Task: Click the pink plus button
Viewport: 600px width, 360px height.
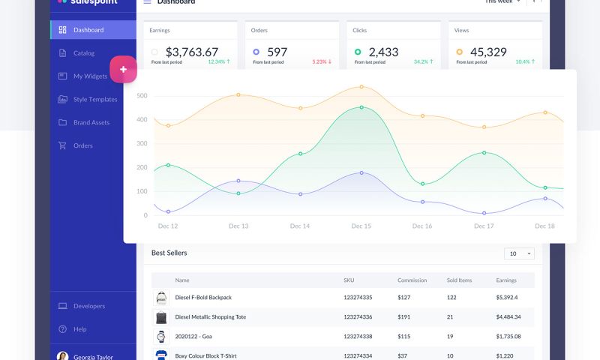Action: pyautogui.click(x=123, y=69)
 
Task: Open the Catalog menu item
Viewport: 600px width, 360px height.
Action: pyautogui.click(x=84, y=53)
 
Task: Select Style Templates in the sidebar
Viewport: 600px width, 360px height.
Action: pyautogui.click(x=95, y=100)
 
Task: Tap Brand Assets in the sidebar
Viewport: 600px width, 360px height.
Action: pyautogui.click(x=91, y=123)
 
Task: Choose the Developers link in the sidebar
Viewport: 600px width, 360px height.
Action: pyautogui.click(x=89, y=306)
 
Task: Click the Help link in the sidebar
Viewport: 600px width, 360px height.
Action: pyautogui.click(x=80, y=329)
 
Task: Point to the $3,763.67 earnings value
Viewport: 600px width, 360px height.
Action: pyautogui.click(x=192, y=52)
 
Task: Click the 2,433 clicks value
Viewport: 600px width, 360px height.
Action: pyautogui.click(x=384, y=52)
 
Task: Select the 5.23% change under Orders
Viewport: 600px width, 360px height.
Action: pyautogui.click(x=322, y=62)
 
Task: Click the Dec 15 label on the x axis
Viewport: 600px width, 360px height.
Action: pyautogui.click(x=361, y=226)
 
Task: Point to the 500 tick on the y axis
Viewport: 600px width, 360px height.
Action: pyautogui.click(x=141, y=96)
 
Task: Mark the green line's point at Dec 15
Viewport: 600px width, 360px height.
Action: pyautogui.click(x=361, y=107)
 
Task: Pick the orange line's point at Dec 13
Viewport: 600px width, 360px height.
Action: pyautogui.click(x=238, y=94)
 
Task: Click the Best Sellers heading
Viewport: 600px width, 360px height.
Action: pyautogui.click(x=169, y=253)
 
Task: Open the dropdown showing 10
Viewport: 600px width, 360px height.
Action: pyautogui.click(x=519, y=253)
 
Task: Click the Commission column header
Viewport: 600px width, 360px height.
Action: pyautogui.click(x=412, y=280)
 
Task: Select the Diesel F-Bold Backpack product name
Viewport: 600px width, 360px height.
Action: pyautogui.click(x=203, y=298)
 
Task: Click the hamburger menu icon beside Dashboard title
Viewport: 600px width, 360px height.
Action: pyautogui.click(x=147, y=2)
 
